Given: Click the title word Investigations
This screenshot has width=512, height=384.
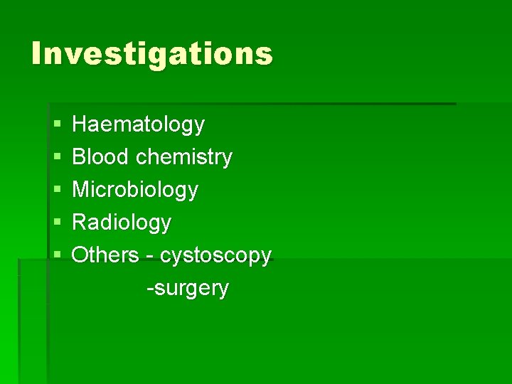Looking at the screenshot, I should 151,54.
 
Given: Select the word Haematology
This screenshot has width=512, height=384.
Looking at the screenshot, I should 138,125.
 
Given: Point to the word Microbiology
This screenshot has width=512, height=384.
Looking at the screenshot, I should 135,190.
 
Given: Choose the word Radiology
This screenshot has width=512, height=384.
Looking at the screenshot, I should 122,223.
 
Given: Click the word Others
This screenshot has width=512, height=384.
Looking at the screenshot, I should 105,255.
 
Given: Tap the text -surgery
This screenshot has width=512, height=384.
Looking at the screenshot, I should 187,289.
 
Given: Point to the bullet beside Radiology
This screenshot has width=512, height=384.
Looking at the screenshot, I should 56,223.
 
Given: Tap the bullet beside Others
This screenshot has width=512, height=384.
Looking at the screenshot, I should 56,255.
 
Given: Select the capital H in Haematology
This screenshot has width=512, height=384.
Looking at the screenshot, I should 80,125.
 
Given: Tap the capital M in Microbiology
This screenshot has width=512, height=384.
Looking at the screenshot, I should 81,190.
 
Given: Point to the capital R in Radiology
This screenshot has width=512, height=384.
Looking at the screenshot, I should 80,223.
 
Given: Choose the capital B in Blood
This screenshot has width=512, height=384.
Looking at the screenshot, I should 79,157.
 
